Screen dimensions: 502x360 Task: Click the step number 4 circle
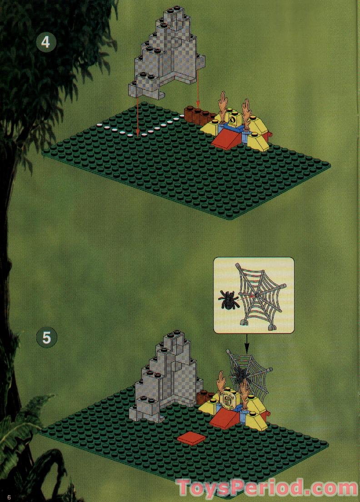click(45, 42)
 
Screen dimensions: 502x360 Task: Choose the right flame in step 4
click(247, 111)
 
